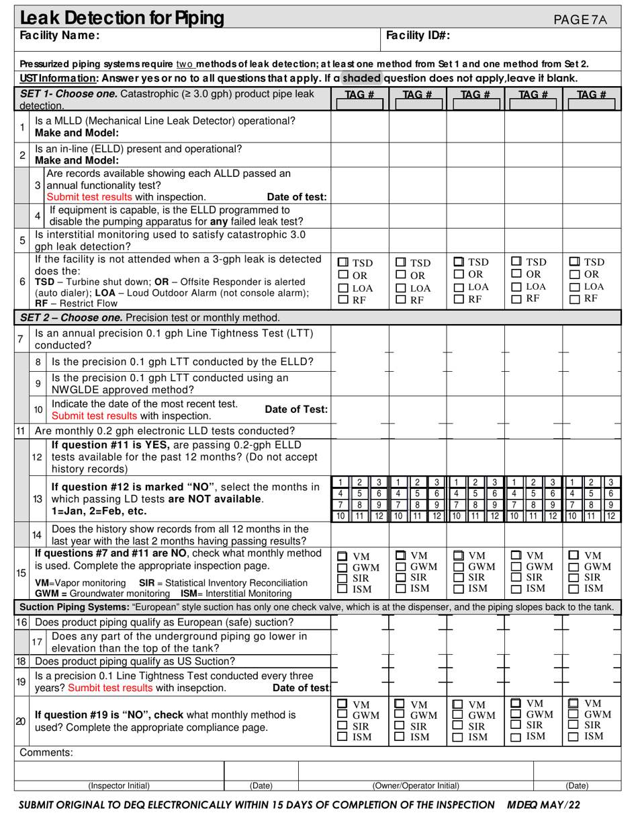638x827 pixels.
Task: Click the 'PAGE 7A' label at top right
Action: tap(580, 19)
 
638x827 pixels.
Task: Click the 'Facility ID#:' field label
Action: tap(418, 36)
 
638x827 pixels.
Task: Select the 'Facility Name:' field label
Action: tap(60, 36)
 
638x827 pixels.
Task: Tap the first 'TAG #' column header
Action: tap(359, 95)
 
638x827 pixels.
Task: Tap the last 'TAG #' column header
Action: tap(591, 95)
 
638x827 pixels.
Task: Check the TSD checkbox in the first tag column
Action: tap(343, 262)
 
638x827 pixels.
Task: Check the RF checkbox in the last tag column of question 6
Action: tap(574, 300)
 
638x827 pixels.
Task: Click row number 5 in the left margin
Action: tap(22, 240)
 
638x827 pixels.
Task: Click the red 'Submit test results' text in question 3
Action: tap(89, 197)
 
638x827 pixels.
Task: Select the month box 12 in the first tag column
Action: tap(379, 516)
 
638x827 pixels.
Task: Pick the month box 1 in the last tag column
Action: tap(572, 482)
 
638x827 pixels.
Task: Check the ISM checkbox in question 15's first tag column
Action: tap(342, 589)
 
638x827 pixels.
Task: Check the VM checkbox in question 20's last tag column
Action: tap(574, 703)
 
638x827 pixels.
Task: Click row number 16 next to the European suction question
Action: tap(21, 622)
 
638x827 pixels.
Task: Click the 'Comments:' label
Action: tap(46, 752)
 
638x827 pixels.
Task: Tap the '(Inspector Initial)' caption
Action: tap(119, 785)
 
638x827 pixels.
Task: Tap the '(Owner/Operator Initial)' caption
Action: tap(416, 785)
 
